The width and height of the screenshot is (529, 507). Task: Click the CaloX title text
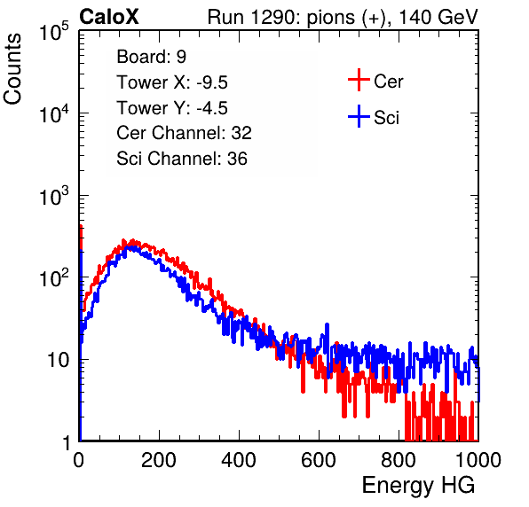pyautogui.click(x=109, y=16)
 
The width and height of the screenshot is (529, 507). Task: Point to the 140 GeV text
pyautogui.click(x=438, y=17)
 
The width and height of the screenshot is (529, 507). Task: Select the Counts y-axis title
pyautogui.click(x=12, y=69)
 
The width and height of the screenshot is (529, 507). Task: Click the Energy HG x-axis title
pyautogui.click(x=418, y=486)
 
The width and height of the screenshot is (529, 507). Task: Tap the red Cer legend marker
pyautogui.click(x=359, y=80)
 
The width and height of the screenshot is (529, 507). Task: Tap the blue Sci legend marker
pyautogui.click(x=359, y=116)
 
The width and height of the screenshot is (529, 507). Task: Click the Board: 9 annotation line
pyautogui.click(x=152, y=57)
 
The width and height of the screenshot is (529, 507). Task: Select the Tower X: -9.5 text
pyautogui.click(x=172, y=82)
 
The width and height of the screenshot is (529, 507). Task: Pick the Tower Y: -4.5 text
pyautogui.click(x=172, y=108)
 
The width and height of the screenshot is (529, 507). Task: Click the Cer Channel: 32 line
pyautogui.click(x=185, y=133)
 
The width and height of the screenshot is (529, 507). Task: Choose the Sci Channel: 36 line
pyautogui.click(x=182, y=159)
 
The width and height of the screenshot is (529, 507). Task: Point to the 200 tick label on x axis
pyautogui.click(x=159, y=460)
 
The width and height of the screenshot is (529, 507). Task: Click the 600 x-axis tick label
pyautogui.click(x=319, y=460)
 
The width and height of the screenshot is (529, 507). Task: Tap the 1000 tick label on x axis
pyautogui.click(x=478, y=460)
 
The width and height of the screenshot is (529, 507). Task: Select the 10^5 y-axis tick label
pyautogui.click(x=54, y=32)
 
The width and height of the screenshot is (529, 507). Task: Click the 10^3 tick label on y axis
pyautogui.click(x=54, y=196)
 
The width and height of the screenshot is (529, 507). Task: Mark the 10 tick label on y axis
pyautogui.click(x=59, y=360)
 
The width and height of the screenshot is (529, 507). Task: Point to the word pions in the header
pyautogui.click(x=330, y=18)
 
